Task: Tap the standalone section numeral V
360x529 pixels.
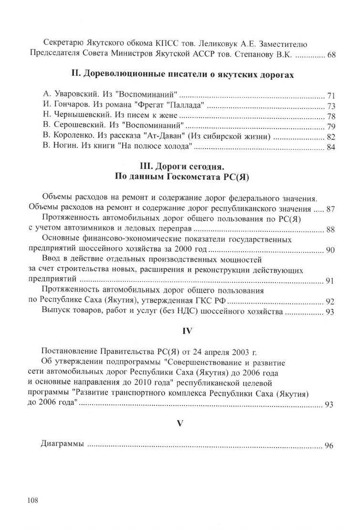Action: [180, 423]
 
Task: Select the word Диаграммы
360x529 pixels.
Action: [63, 444]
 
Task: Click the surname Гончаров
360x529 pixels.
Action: [71, 105]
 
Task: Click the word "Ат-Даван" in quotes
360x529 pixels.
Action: [161, 137]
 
